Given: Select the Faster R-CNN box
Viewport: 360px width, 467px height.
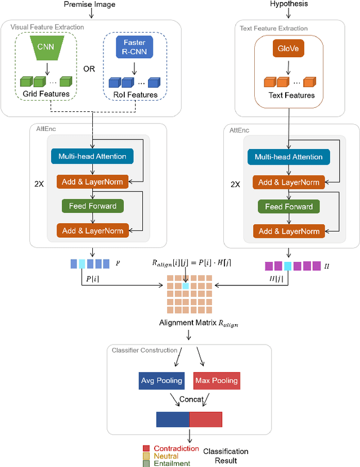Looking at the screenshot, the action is point(134,47).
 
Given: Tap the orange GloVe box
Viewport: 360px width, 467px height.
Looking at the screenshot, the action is point(289,48).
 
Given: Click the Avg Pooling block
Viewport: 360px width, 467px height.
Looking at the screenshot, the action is point(161,380).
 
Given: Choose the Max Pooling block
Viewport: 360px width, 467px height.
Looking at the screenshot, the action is point(217,380).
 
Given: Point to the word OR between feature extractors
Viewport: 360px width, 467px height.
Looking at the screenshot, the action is point(89,69).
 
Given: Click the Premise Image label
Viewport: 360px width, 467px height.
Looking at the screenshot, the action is point(89,4).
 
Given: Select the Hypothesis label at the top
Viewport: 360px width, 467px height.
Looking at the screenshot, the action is point(289,4).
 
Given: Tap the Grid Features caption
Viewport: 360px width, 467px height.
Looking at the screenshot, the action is point(46,94).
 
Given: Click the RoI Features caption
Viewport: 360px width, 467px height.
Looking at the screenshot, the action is point(136,95).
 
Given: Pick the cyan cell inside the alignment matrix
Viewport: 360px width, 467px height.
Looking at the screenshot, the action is point(186,286).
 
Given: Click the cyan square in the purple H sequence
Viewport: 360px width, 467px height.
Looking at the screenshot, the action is point(287,266).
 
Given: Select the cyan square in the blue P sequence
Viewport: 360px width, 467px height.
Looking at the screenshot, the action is point(82,264).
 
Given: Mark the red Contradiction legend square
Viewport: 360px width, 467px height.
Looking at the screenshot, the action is point(146,448).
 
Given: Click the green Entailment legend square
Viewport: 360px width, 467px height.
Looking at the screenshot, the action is point(146,464).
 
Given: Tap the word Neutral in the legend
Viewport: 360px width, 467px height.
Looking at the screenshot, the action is point(166,456).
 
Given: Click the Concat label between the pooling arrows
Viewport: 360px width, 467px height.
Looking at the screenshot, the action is point(191,399).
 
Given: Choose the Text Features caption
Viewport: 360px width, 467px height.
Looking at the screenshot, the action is point(291,96).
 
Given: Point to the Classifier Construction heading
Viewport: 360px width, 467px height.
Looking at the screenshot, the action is point(145,350).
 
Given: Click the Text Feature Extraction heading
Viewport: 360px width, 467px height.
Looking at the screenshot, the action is point(273,28).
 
